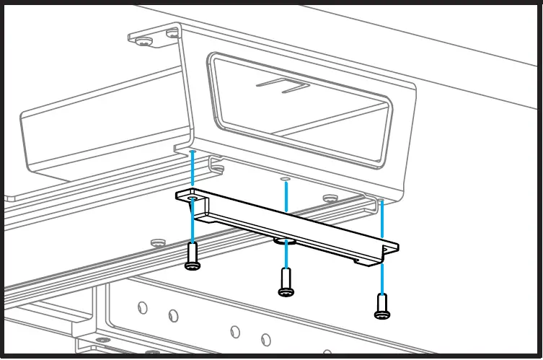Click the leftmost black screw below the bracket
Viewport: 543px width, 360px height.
pyautogui.click(x=192, y=256)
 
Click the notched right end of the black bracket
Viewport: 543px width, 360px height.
pyautogui.click(x=390, y=249)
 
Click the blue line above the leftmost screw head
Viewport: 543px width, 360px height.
pyautogui.click(x=193, y=224)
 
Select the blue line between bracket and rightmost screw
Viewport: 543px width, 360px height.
pyautogui.click(x=382, y=278)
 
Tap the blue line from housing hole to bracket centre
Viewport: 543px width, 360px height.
pyautogui.click(x=286, y=196)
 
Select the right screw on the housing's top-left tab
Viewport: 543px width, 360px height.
pyautogui.click(x=171, y=32)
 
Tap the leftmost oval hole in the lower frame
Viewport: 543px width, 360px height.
pyautogui.click(x=141, y=307)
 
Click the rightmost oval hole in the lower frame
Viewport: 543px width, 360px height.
pyautogui.click(x=265, y=339)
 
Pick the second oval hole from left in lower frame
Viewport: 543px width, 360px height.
pyautogui.click(x=173, y=315)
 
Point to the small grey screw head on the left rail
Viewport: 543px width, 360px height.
pyautogui.click(x=156, y=242)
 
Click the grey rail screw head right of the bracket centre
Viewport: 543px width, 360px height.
pyautogui.click(x=330, y=198)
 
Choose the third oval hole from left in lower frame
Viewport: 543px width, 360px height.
pyautogui.click(x=234, y=331)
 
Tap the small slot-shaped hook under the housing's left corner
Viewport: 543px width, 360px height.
pyautogui.click(x=216, y=170)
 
